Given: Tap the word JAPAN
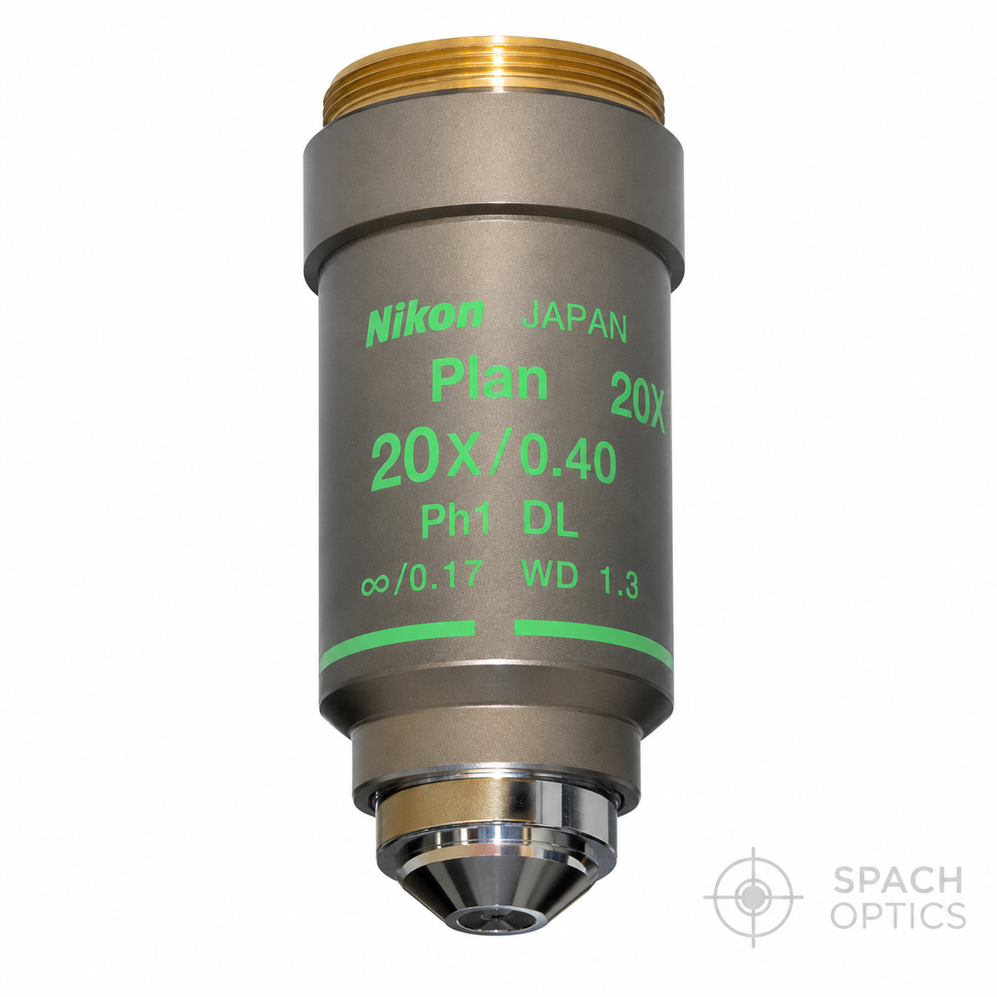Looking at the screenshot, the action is [574, 328].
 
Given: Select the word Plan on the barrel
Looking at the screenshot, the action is [489, 383].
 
